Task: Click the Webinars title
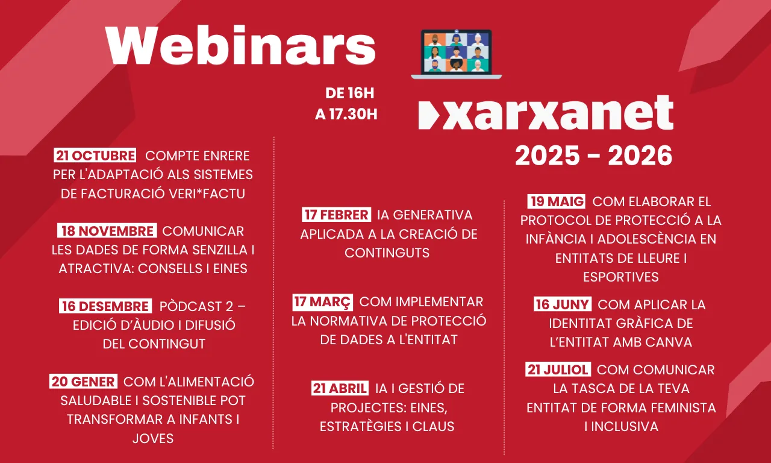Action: tap(241, 46)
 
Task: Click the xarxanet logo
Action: tap(546, 113)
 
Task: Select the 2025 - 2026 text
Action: tap(593, 156)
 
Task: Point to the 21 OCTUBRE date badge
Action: tap(95, 156)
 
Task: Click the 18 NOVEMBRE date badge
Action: tap(107, 231)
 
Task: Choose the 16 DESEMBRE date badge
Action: tap(105, 306)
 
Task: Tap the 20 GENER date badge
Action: tap(84, 382)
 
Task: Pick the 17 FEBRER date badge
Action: tap(336, 215)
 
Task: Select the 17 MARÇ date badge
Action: tap(323, 301)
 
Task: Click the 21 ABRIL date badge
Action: tap(340, 388)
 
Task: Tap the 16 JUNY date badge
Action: tap(563, 304)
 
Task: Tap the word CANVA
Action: tap(669, 342)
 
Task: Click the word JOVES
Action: tap(153, 438)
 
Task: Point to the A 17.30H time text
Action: tap(346, 115)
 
